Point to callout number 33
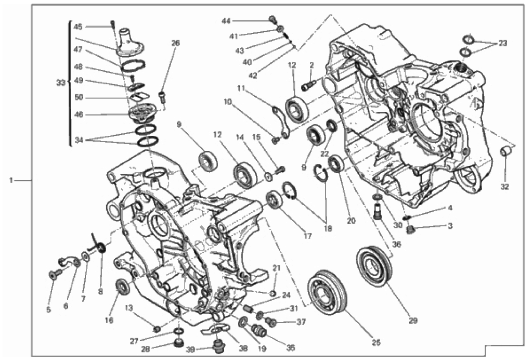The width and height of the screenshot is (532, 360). tap(61, 83)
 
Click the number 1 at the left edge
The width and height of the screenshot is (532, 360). tap(11, 181)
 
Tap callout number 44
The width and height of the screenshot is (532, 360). tap(226, 21)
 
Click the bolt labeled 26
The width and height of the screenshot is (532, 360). tap(163, 97)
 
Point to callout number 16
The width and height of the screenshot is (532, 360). tap(109, 320)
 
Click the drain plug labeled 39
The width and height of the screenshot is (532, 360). tap(217, 346)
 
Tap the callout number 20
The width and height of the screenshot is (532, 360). tap(352, 221)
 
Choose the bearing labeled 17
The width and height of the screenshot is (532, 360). tap(274, 200)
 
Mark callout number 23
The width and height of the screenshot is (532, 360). tap(502, 43)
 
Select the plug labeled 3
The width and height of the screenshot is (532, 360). tap(410, 230)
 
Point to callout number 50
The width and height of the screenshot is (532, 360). tap(79, 97)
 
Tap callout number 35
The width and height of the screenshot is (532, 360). tap(290, 348)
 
